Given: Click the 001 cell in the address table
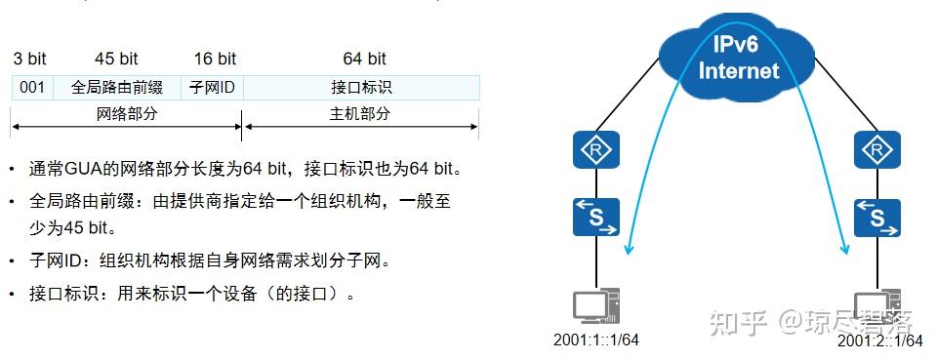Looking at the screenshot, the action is point(32,88).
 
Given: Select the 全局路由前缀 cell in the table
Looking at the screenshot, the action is point(119,88).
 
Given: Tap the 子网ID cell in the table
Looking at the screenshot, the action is point(213,88).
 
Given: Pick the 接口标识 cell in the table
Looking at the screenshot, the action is point(361,88).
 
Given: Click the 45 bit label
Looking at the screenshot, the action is point(117,59).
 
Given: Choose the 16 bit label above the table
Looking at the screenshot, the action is point(214,59).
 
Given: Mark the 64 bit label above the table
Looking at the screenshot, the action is point(364,59).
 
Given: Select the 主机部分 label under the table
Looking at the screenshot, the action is point(360,114).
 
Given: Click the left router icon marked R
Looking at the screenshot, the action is point(595,150).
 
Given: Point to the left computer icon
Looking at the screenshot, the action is point(595,306).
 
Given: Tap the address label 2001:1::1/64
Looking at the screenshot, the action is point(596,340).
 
